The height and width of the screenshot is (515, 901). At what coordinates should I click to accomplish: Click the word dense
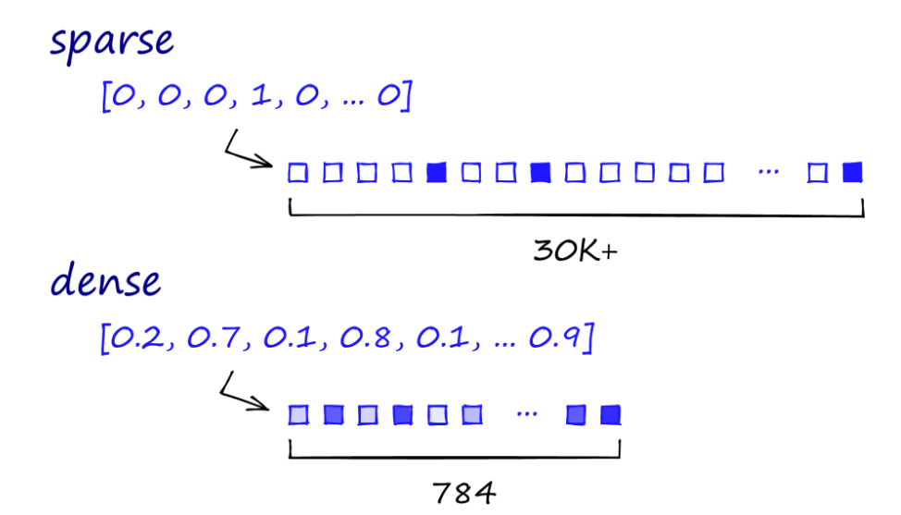pos(105,281)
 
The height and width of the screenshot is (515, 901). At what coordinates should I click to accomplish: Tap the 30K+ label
pos(574,251)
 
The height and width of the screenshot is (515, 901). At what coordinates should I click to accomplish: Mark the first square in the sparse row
pos(297,172)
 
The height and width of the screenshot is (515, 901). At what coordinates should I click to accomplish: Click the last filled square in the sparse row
pos(852,172)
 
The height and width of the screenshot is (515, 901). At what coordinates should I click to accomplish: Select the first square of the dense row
pos(298,414)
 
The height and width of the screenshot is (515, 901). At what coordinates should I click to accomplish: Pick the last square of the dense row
pos(609,414)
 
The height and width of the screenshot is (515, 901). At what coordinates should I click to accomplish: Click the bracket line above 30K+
pos(576,215)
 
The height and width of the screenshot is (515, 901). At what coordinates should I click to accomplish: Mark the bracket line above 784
pos(454,456)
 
